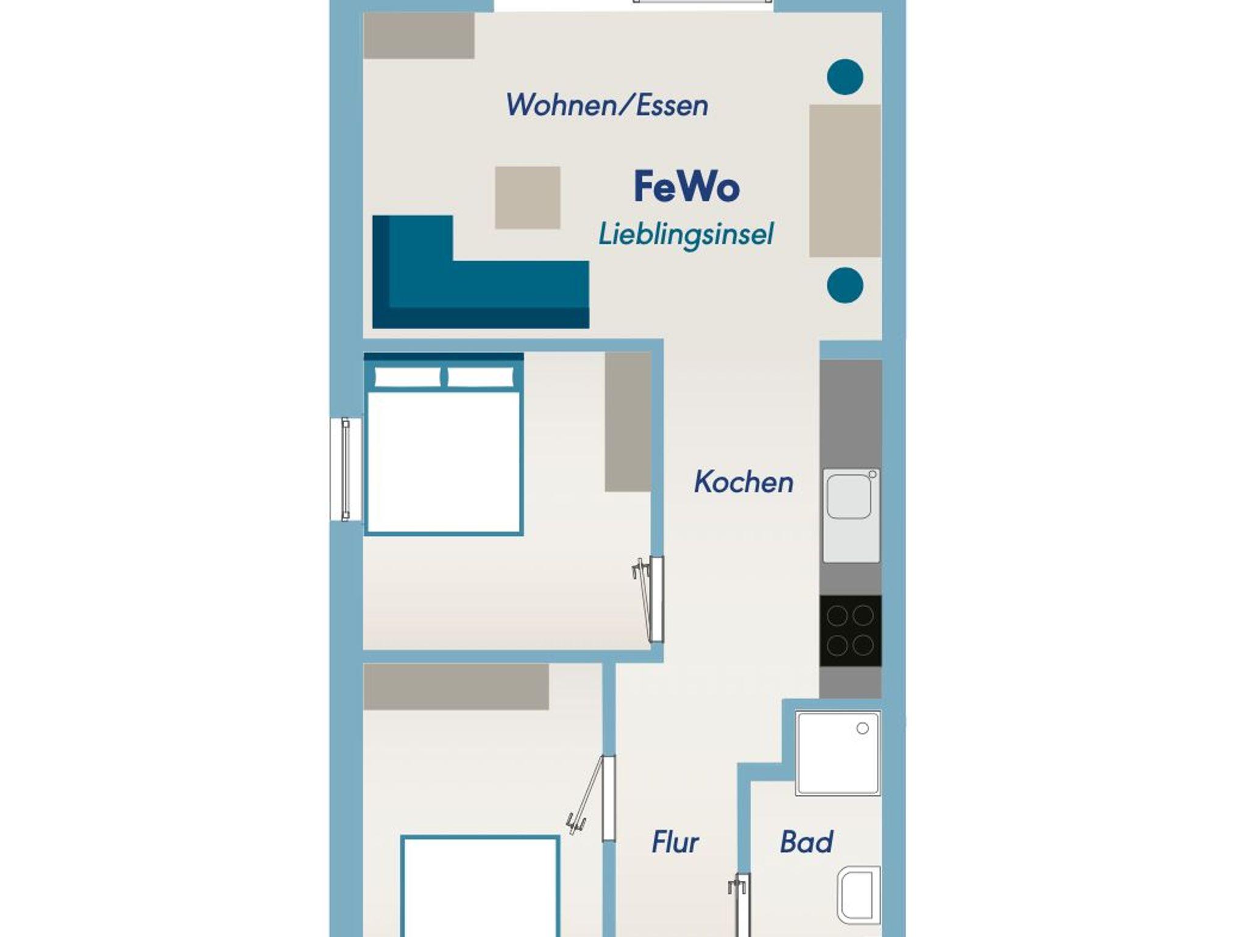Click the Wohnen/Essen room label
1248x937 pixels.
tap(607, 105)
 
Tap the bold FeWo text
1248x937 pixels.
tap(687, 187)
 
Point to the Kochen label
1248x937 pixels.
tap(743, 483)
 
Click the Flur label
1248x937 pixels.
tap(675, 843)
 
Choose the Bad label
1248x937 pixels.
tap(806, 843)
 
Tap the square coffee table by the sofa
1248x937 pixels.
tap(527, 198)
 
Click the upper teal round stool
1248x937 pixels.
tap(845, 77)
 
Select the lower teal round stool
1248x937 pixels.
tap(845, 285)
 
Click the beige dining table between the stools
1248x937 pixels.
tap(845, 181)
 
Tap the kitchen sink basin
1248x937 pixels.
tap(849, 497)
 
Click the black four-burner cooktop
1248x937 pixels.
tap(850, 631)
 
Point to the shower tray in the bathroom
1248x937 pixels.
tap(838, 754)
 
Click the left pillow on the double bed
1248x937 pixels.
tap(408, 377)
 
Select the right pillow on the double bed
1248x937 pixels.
tap(481, 377)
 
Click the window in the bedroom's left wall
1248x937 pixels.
tap(346, 469)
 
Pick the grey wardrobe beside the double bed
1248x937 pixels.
tap(628, 422)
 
